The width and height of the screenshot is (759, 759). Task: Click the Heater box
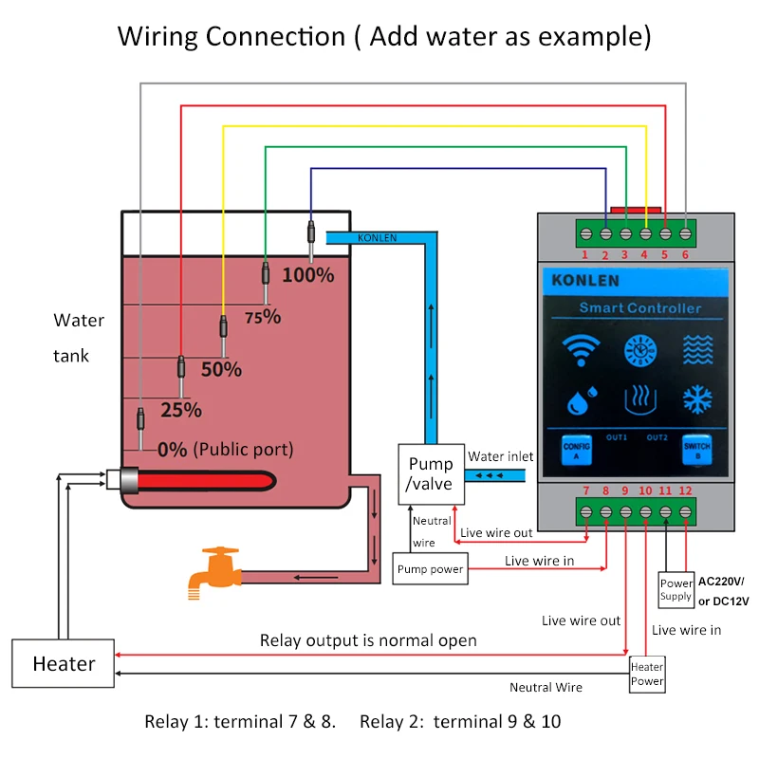click(x=64, y=663)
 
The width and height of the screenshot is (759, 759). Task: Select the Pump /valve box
click(x=431, y=473)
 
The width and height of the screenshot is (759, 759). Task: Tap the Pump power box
click(x=430, y=569)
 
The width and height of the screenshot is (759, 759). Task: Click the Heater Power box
click(x=647, y=674)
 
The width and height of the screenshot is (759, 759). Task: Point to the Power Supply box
click(x=676, y=590)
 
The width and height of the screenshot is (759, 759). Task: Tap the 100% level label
click(x=308, y=275)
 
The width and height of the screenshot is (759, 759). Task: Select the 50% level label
click(x=221, y=369)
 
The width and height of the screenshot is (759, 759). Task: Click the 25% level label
click(x=181, y=410)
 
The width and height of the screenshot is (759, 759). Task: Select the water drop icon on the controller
click(x=580, y=401)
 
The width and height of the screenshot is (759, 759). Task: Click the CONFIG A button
click(x=577, y=449)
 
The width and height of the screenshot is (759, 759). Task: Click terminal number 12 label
click(x=686, y=491)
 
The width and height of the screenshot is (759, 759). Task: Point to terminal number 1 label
click(x=584, y=254)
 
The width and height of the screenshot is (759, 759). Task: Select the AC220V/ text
click(x=721, y=581)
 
